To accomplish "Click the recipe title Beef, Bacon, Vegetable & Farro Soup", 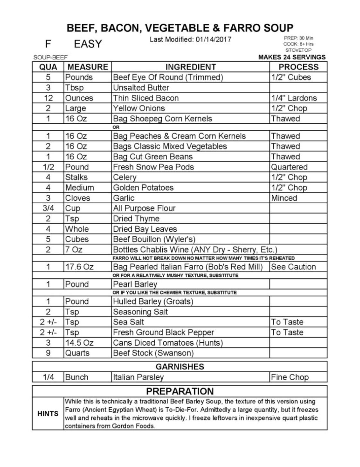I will coord(180,28).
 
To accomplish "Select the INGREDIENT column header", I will coord(190,67).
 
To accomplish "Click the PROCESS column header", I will coord(298,67).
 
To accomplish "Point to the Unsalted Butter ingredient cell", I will coord(141,88).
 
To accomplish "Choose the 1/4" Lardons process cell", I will coord(294,98).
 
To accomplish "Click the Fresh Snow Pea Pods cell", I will coord(153,167).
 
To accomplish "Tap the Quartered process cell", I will coord(289,167).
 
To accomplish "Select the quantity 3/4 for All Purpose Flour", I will coord(48,208).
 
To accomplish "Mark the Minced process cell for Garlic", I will coord(284,198).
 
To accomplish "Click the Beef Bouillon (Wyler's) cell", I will coord(154,239).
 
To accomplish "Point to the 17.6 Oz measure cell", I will coord(79,267).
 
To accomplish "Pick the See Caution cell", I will coord(293,267).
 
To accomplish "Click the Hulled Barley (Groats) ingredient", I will coord(153,302).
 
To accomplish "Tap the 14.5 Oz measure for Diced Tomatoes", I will coord(79,343).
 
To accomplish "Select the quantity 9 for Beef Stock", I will coord(48,353).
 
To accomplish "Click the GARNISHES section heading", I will coord(180,367).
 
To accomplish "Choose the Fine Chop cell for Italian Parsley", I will coord(290,377).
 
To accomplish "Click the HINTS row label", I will coord(48,414).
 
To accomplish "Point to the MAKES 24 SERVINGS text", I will coord(292,57).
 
